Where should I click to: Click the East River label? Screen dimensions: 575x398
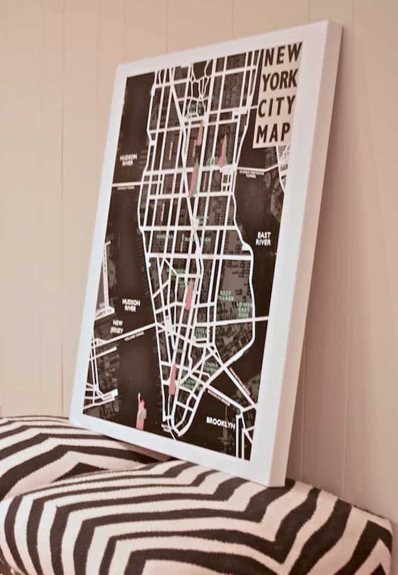click(x=263, y=238)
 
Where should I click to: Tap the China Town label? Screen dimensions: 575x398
click(x=210, y=368)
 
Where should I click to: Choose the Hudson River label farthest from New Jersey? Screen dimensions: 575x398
click(x=128, y=160)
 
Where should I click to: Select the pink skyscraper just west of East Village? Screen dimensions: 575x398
click(x=189, y=295)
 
